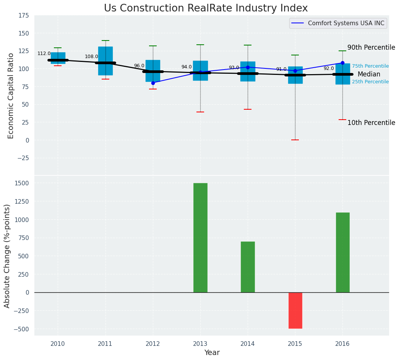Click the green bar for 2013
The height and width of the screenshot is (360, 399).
coord(200,238)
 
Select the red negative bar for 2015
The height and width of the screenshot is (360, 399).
coord(295,310)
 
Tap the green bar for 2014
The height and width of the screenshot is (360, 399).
coord(248,267)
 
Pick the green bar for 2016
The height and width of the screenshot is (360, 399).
coord(342,252)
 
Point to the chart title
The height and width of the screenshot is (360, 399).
coord(206,8)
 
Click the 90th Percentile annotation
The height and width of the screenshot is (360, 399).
coord(371,48)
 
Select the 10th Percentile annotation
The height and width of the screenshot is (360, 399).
coord(371,123)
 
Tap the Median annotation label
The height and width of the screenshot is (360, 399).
coord(369,75)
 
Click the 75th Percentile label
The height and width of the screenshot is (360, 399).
coord(370,66)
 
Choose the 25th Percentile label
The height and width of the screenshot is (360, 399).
coord(370,82)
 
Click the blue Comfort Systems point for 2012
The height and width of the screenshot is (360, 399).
coord(153,83)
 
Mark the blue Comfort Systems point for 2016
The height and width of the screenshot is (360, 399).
coord(342,63)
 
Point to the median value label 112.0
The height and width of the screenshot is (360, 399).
coord(44,54)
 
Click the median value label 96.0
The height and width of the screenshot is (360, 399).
coord(139,66)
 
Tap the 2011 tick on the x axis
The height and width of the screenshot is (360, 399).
coord(105,344)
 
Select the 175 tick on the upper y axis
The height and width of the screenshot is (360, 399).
coord(23,15)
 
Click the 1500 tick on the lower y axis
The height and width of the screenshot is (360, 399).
coord(22,183)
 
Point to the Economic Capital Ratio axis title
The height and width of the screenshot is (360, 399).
coord(11,96)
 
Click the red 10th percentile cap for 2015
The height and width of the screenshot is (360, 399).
coord(295,140)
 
